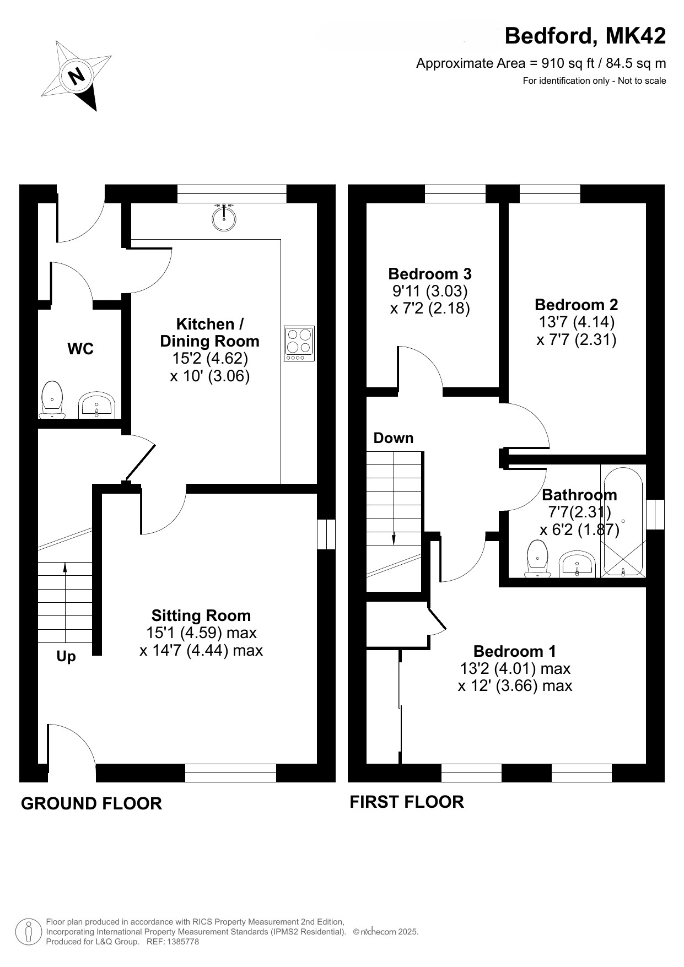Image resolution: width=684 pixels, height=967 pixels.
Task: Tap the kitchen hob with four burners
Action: coord(299,343)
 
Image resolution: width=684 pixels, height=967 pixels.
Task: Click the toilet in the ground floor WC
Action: coord(53,399)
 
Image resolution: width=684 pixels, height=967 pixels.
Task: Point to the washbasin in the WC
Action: coord(97,406)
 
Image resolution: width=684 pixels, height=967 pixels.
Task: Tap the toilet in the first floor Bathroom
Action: coord(537,559)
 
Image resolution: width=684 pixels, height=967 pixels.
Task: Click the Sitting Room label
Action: coord(201,615)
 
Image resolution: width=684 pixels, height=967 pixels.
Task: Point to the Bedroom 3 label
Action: coord(430,274)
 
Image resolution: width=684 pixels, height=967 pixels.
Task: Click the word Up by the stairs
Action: coord(66,657)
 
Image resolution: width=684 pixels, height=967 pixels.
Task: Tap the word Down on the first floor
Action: coord(394,438)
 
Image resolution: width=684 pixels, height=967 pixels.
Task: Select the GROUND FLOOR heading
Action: coord(91,804)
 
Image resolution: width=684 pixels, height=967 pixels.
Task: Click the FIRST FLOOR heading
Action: coord(407,802)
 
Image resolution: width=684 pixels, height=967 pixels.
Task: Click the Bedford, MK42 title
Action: coord(585,36)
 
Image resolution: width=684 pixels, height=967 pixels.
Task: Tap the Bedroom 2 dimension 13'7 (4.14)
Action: coord(576,321)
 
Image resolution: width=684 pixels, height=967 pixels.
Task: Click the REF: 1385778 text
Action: coord(173,942)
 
